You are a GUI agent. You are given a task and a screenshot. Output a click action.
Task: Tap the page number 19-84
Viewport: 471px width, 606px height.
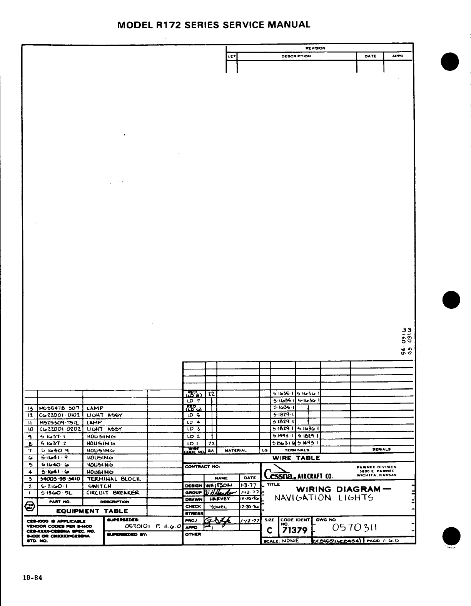point(32,578)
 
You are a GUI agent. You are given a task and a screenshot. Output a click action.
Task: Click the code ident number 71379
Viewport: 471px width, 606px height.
point(294,531)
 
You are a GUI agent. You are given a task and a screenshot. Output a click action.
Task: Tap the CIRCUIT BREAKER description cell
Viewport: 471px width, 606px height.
point(112,493)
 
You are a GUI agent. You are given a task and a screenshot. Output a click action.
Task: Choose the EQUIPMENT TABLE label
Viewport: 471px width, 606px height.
point(92,511)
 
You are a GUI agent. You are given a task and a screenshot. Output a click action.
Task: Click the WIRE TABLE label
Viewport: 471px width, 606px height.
point(296,458)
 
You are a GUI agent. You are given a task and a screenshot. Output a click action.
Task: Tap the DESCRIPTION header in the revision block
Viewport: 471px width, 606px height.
point(296,56)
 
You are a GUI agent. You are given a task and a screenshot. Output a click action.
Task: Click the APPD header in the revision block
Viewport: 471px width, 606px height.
point(397,56)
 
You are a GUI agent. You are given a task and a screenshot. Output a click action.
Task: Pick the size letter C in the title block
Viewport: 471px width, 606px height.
point(269,531)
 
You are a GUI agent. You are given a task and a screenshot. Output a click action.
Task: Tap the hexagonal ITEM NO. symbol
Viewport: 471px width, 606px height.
point(30,506)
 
